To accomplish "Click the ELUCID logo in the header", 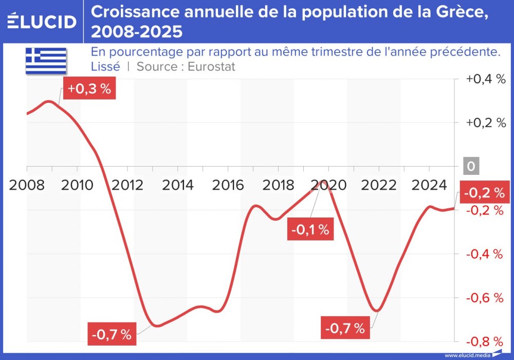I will point(42,21).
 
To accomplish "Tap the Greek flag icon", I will point(46,61).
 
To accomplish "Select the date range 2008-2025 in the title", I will point(137,32).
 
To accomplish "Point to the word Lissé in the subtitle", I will point(105,66).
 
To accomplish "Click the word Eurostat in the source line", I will point(211,66).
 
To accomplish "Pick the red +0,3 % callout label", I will point(89,88).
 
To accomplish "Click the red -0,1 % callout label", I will point(309,230).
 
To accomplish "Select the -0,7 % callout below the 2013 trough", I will point(112,335).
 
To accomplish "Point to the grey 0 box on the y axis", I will point(471,167).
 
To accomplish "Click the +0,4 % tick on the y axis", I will point(486,79).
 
